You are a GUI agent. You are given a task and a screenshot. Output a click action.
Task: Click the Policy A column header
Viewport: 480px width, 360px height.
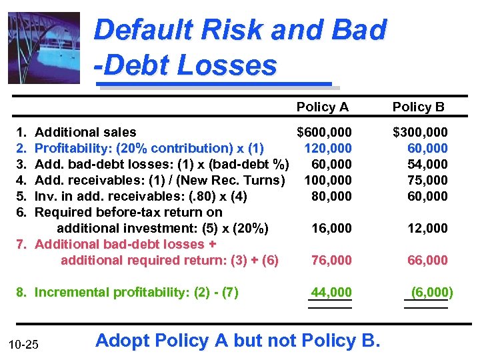[x=322, y=107]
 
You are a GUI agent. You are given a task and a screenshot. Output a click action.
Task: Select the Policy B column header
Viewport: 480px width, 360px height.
[x=418, y=107]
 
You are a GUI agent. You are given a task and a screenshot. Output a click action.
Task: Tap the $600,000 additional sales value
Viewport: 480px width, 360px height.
[x=324, y=132]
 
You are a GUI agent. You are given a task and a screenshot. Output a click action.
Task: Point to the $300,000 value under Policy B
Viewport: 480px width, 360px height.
[x=420, y=132]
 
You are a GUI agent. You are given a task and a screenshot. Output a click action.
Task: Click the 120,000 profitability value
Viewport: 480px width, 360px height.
[x=327, y=148]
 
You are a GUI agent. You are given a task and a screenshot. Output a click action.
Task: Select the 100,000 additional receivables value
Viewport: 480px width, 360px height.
[x=327, y=180]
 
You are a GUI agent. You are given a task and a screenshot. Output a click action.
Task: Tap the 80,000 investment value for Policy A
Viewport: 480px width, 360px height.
[x=331, y=196]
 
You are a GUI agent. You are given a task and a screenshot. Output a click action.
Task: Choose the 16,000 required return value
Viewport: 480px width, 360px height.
[x=331, y=228]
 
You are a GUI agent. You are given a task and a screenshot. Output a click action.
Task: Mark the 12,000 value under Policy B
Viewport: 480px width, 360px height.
[x=427, y=228]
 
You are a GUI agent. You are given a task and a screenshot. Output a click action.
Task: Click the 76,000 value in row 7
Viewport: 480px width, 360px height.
[x=331, y=260]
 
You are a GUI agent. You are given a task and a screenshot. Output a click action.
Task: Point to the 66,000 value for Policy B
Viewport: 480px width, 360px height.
[x=427, y=260]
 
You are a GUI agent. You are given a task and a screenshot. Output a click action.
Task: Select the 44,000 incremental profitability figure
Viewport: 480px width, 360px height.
[x=331, y=292]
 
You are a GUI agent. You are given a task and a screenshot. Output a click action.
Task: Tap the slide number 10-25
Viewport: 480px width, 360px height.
[x=24, y=344]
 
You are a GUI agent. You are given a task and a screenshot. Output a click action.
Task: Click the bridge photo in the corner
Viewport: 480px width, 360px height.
[x=43, y=47]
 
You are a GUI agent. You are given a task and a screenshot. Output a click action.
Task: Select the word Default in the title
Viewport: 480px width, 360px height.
[x=138, y=31]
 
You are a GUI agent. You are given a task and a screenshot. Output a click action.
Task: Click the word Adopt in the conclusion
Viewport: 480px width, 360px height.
[x=123, y=341]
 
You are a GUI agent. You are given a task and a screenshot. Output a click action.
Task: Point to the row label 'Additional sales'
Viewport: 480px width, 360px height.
[x=85, y=132]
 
